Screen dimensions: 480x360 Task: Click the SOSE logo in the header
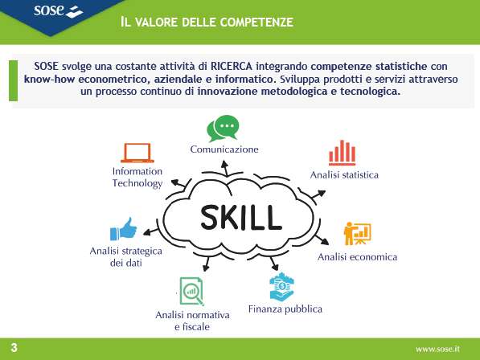point(58,11)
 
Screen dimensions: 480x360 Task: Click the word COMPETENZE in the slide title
point(256,22)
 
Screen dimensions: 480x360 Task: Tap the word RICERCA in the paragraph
point(232,66)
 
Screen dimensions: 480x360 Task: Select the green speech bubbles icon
point(223,128)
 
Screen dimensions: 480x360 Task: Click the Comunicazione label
point(224,149)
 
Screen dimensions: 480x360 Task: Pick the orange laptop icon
point(137,153)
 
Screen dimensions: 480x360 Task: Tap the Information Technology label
point(137,178)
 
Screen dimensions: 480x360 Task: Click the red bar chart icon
point(343,153)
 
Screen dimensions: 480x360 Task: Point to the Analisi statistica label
point(344,175)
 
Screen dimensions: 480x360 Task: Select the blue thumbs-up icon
point(123,229)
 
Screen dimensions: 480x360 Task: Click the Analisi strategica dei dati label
point(125,257)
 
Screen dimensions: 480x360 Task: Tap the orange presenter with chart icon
point(357,234)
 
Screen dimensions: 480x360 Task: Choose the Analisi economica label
point(357,257)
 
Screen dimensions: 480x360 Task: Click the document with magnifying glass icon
point(191,292)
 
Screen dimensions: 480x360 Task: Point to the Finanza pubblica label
point(285,309)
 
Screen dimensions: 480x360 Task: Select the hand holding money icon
point(281,286)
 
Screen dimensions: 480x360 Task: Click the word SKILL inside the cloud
point(241,218)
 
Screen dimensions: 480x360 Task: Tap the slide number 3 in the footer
point(14,348)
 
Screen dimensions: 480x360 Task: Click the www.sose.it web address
point(437,349)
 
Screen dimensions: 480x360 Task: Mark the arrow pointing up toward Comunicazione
point(225,168)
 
